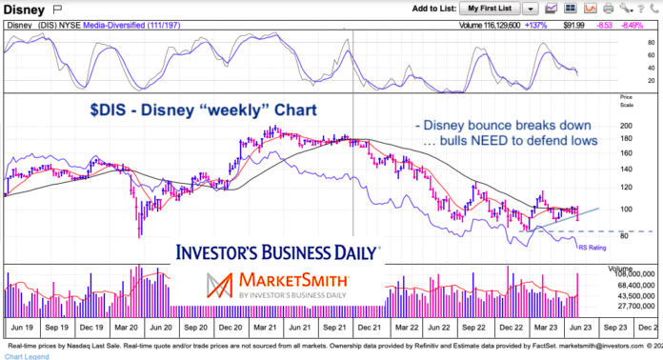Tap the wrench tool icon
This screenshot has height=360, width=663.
[x=624, y=8]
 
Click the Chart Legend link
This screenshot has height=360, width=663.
[x=26, y=355]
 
